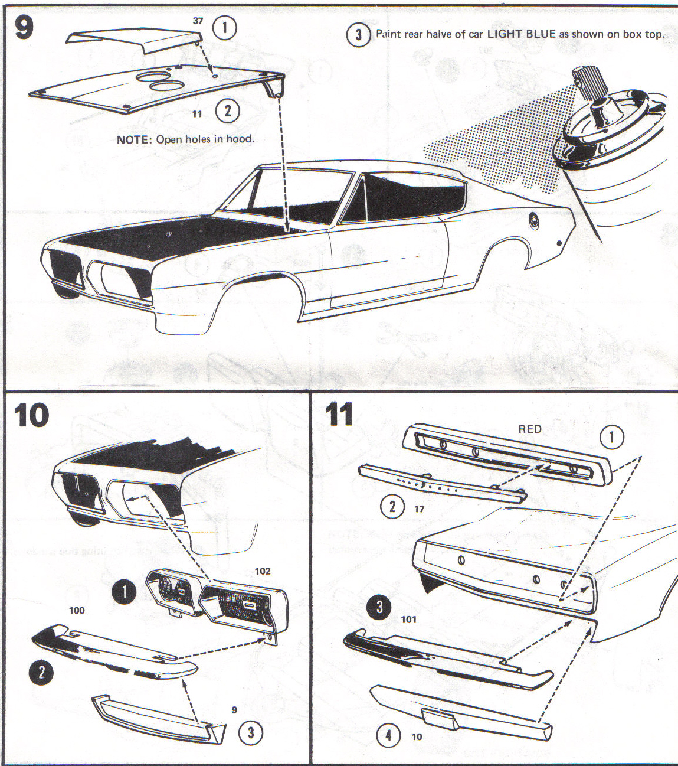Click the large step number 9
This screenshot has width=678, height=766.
coord(24,28)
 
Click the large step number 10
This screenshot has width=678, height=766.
coord(31,416)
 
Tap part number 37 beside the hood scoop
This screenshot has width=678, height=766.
coord(198,21)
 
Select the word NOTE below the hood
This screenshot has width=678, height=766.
coord(135,139)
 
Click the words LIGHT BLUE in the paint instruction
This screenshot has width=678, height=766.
coord(521,34)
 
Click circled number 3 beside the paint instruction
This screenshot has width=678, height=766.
coord(358,34)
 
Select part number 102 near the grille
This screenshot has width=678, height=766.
coord(263,571)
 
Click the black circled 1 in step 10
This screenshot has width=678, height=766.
coord(125,592)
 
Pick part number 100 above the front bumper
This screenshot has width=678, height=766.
coord(77,610)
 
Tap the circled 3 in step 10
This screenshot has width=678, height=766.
coord(251,732)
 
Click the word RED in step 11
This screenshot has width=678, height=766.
coord(529,429)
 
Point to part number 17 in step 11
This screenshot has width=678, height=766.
coord(419,509)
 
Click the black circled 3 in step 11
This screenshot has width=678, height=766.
coord(379,606)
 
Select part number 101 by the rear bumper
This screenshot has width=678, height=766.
coord(408,619)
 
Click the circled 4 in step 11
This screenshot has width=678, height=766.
coord(388,736)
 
